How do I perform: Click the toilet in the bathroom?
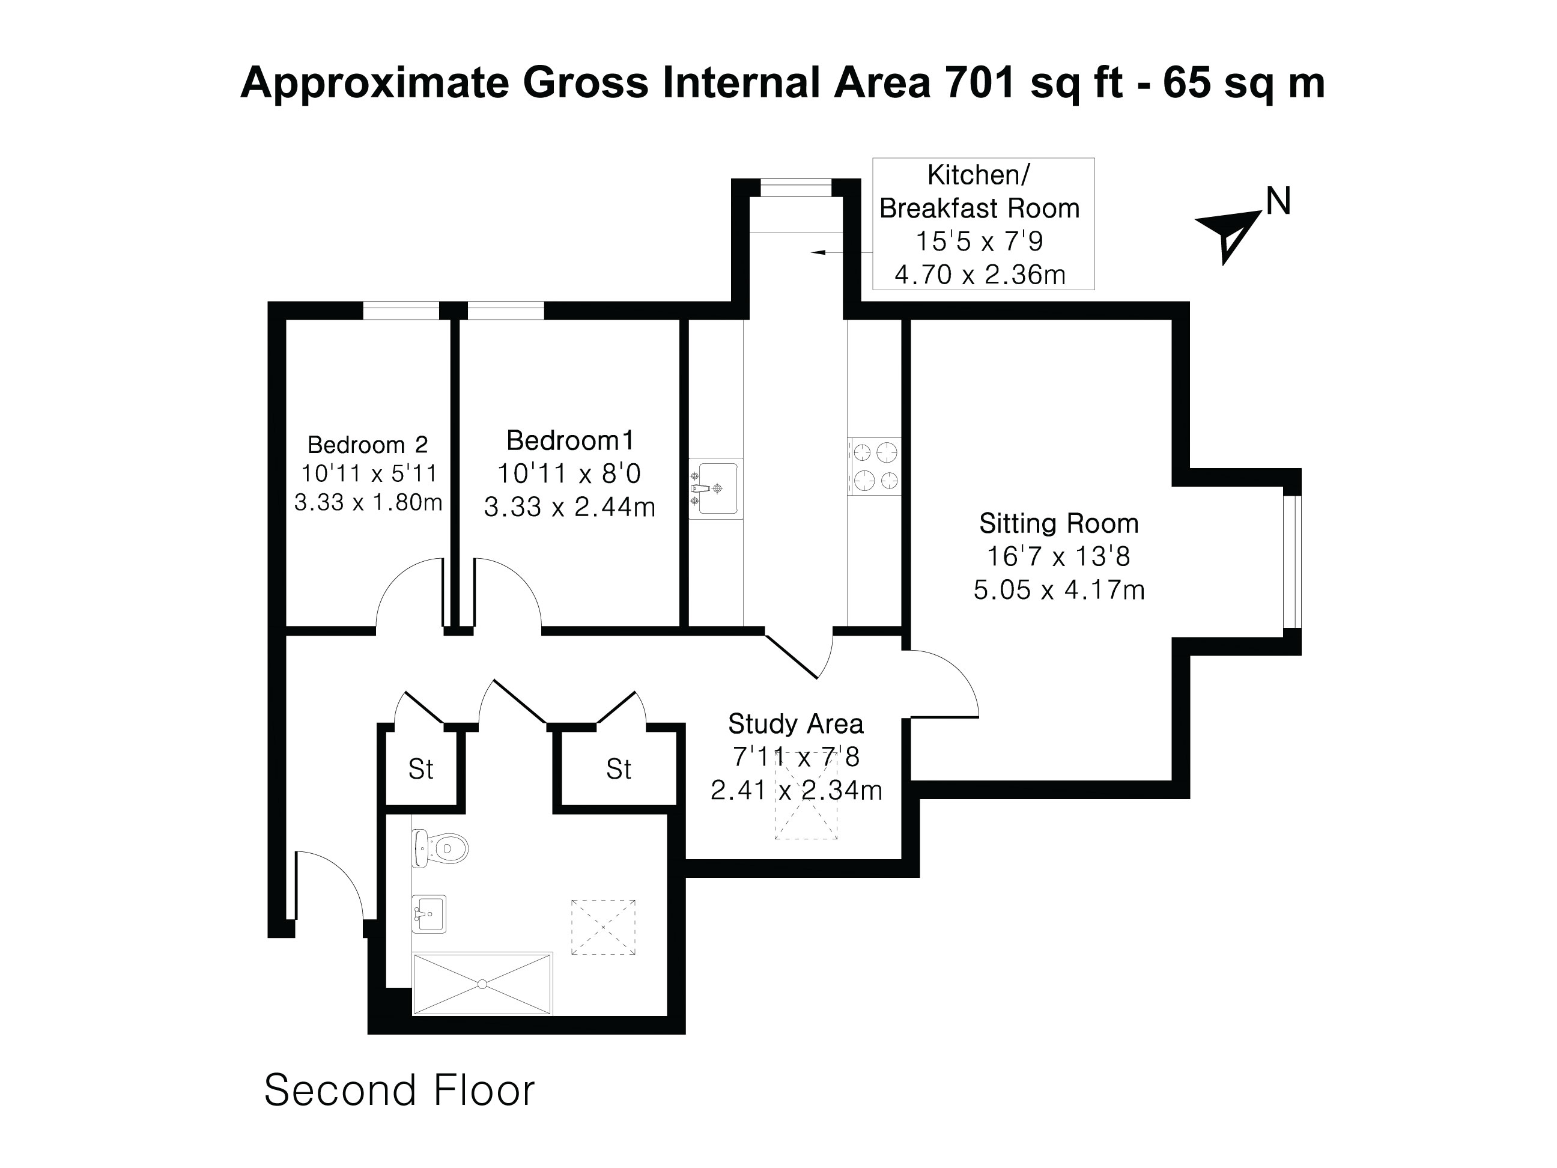pos(442,849)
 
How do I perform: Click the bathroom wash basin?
pos(429,914)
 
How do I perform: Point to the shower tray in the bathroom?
pos(482,984)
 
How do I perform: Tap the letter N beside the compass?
pos(1278,202)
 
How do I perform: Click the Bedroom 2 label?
pos(368,445)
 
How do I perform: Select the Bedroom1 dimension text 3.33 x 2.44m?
pos(569,507)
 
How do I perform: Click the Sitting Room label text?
pos(1058,523)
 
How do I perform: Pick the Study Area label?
pos(795,724)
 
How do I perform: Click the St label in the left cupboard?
pos(420,770)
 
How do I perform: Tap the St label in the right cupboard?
pos(618,770)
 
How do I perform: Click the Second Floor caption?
pos(399,1090)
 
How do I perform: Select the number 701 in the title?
pos(979,82)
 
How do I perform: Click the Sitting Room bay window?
pos(1291,562)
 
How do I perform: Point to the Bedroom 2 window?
pos(401,311)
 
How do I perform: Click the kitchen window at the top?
pos(795,187)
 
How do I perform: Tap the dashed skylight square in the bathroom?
pos(602,927)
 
